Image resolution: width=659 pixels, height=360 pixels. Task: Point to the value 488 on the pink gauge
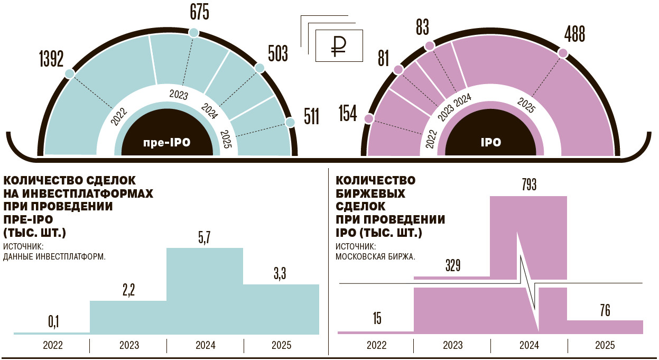574,34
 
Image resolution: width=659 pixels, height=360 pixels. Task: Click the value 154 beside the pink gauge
348,114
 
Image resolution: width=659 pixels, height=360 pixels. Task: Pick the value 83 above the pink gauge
422,27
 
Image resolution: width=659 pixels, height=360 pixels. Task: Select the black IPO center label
490,142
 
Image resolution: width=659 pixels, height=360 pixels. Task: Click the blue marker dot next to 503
259,68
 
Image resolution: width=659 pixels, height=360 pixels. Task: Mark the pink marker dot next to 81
398,69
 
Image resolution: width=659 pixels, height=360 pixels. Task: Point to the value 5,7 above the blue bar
205,239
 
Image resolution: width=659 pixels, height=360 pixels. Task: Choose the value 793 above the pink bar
528,186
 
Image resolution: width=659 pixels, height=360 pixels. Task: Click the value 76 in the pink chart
605,311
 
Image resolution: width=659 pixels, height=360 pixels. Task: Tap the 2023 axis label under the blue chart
129,346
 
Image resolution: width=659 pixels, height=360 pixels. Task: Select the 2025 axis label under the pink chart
605,346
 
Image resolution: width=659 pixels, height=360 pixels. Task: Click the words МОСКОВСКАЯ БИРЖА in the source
375,257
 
